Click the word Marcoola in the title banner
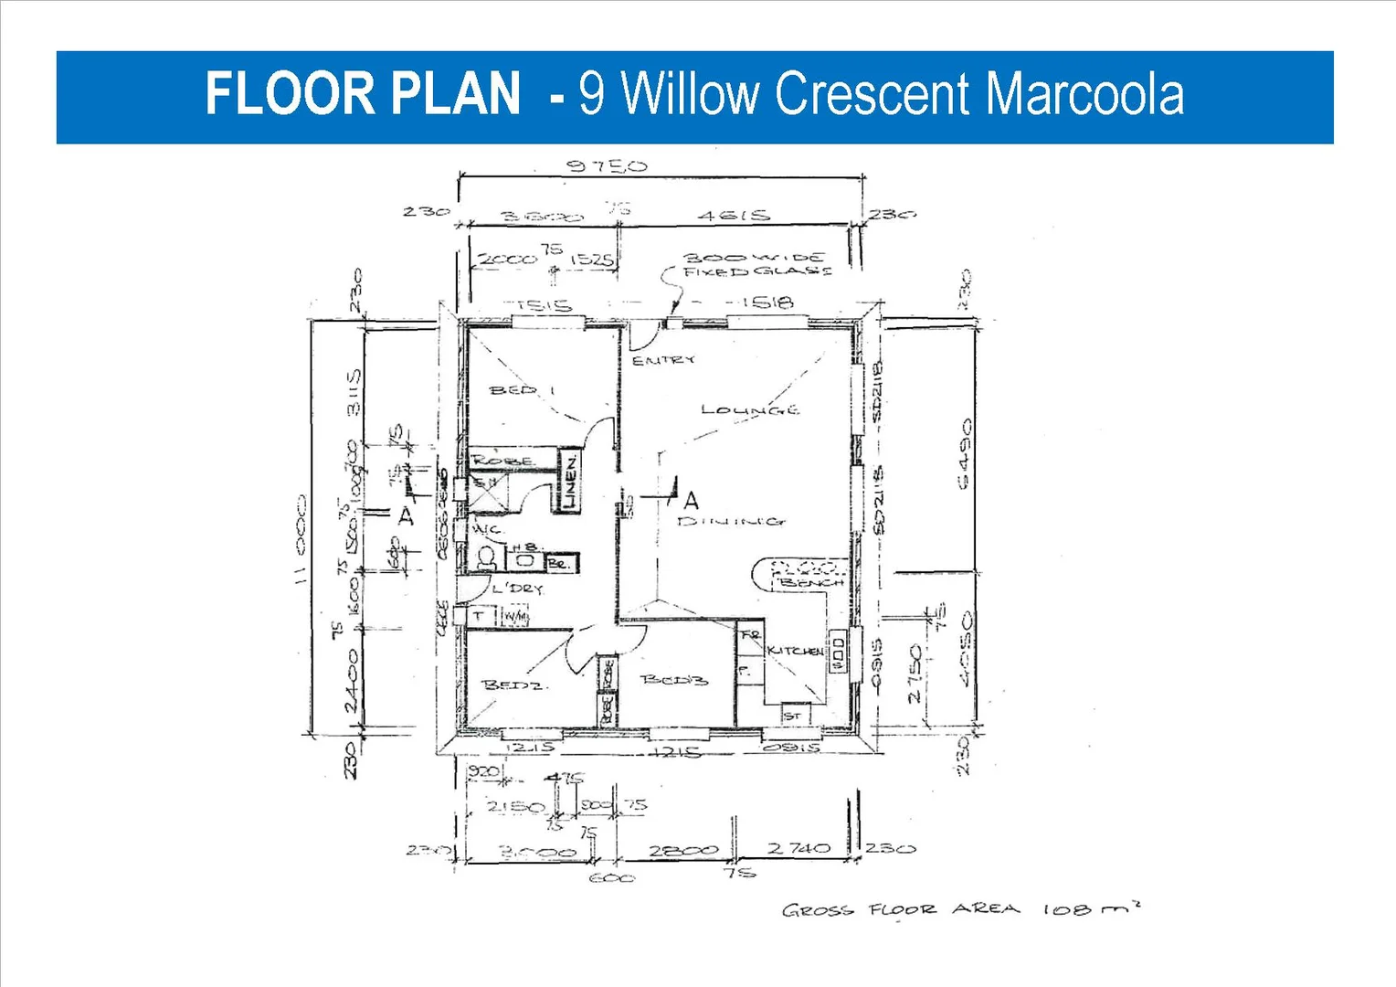coord(1084,94)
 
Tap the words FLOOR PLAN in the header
coord(363,94)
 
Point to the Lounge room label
coord(749,409)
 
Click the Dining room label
coord(731,521)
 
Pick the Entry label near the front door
coord(663,360)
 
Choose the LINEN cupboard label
coord(569,482)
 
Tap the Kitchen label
coord(795,651)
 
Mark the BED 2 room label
coord(513,685)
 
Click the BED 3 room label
coord(674,679)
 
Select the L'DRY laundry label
coord(517,589)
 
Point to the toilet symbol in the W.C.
coord(487,557)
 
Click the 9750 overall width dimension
coord(607,165)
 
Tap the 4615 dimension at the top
coord(734,216)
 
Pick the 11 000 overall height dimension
coord(301,541)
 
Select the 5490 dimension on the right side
coord(965,454)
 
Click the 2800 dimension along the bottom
coord(682,850)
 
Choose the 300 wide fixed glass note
coord(756,264)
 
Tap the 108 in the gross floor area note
coord(1066,909)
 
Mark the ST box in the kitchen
coord(792,716)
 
